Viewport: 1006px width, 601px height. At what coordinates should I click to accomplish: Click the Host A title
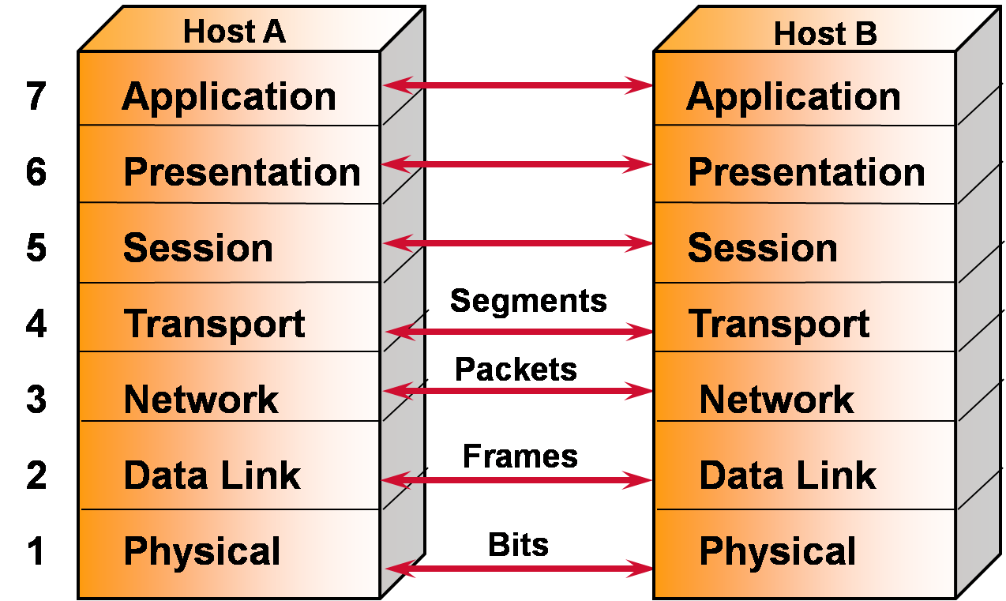point(234,32)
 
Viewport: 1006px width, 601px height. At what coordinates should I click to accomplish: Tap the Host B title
point(825,34)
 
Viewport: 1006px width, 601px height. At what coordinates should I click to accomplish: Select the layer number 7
point(36,97)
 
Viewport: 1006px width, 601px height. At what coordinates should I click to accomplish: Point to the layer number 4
point(36,324)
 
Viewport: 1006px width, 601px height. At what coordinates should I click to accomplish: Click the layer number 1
point(36,550)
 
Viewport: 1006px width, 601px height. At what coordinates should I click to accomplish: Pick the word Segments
point(528,301)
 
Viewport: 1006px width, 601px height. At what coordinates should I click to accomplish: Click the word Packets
point(516,369)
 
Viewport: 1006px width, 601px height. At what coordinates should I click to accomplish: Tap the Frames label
point(520,456)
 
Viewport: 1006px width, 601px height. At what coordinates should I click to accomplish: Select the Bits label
point(518,544)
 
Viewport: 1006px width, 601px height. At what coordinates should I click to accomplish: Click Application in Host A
point(229,97)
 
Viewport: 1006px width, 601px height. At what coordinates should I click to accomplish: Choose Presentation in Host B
point(806,172)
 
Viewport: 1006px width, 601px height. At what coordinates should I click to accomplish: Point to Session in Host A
point(198,248)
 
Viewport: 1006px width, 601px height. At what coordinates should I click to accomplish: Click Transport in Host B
point(779,324)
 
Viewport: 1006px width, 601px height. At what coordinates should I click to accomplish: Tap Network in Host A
point(201,400)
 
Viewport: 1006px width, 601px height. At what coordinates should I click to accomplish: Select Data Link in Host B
point(787,475)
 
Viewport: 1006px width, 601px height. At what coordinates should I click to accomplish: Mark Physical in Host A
point(202,550)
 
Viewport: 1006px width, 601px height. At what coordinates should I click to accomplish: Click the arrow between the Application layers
point(518,85)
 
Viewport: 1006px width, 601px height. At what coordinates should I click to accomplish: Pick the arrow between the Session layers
point(518,242)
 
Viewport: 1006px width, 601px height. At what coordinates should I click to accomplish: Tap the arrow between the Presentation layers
point(518,164)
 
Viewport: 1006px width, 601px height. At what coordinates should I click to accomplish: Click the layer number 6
point(36,172)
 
